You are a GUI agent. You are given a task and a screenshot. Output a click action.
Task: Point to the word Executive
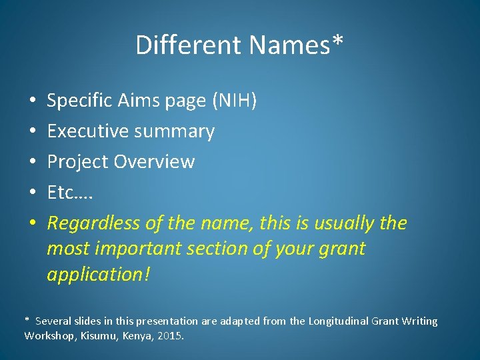coord(87,131)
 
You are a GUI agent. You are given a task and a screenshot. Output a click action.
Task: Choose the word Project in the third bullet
coord(78,162)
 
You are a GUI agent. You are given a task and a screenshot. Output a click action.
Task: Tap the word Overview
coord(154,162)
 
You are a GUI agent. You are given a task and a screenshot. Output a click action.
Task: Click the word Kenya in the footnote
coord(137,335)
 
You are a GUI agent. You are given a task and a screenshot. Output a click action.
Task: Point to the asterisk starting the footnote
coord(27,320)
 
